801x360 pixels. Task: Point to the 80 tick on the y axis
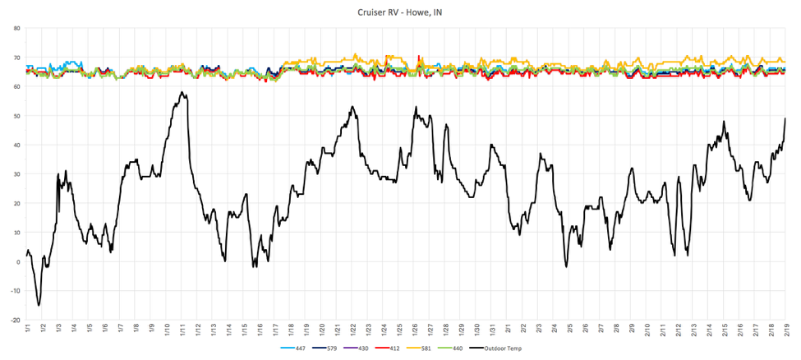16,28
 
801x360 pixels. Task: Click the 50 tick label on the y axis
16,116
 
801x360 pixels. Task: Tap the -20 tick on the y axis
15,321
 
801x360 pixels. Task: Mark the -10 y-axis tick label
15,291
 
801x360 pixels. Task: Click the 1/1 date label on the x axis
27,330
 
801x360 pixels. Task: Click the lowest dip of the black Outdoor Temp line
39,306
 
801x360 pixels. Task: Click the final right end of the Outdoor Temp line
785,118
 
